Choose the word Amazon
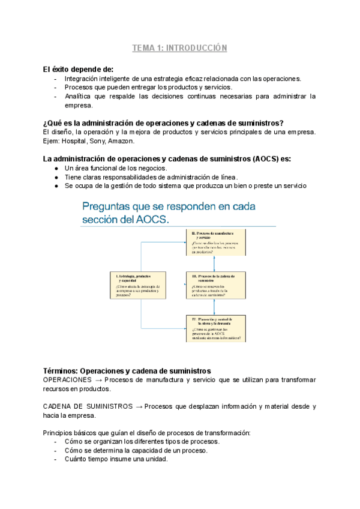(121, 141)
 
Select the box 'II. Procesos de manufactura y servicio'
(215, 242)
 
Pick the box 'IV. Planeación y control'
(215, 328)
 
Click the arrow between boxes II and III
(215, 263)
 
